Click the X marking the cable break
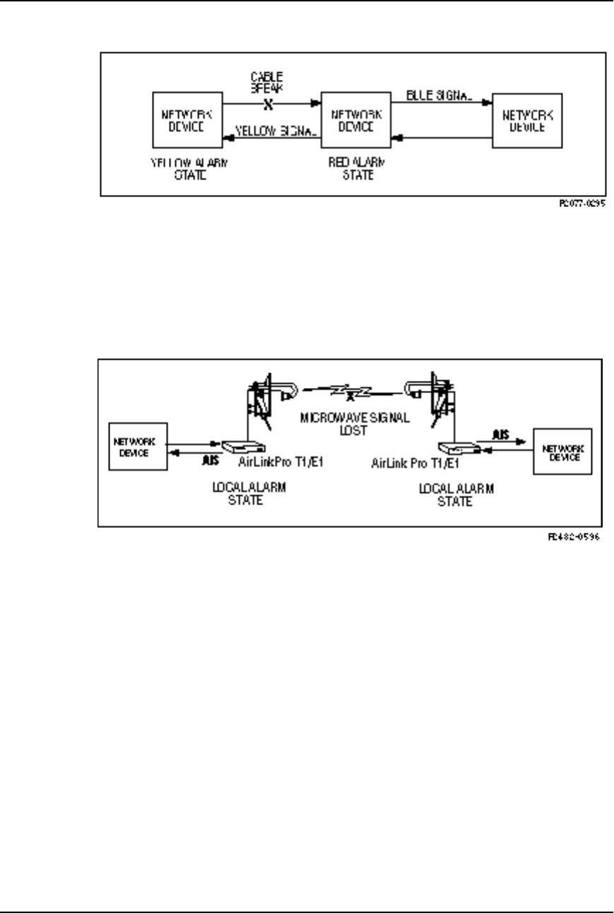coord(268,102)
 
